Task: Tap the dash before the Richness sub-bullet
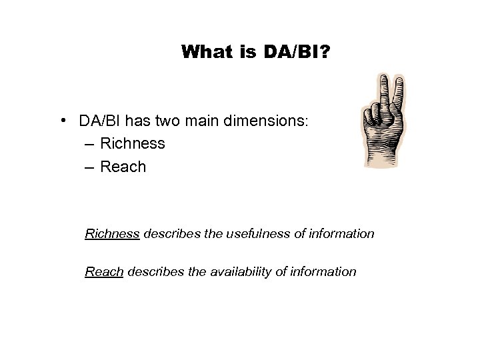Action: pos(90,143)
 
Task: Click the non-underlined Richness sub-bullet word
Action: pos(133,143)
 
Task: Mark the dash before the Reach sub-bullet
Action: pos(90,166)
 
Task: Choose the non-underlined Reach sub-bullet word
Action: pos(123,166)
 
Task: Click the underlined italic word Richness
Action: pos(112,234)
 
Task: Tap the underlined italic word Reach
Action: pos(104,271)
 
